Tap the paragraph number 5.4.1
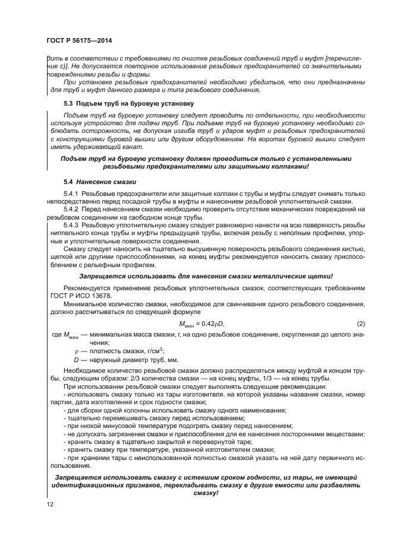click(x=71, y=194)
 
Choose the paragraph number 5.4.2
click(x=71, y=210)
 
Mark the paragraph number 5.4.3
click(x=71, y=226)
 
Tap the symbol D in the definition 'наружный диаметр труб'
click(x=76, y=359)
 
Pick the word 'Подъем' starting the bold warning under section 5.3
click(x=75, y=159)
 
